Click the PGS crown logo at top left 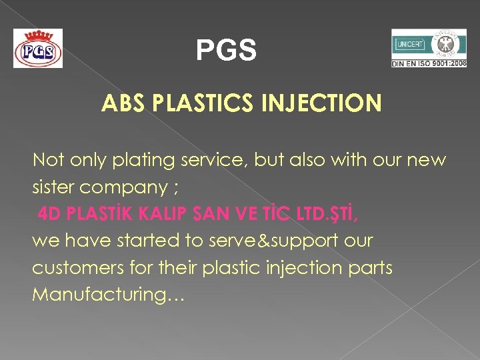(x=38, y=48)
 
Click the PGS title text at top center (x=226, y=51)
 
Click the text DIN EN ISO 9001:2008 (x=429, y=63)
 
